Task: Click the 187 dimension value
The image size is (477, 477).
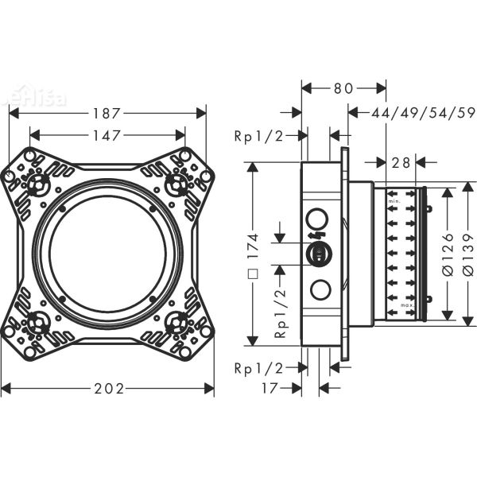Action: pos(107,113)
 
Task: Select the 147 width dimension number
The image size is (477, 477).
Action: pos(107,136)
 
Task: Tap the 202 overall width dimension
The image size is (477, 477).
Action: pos(108,389)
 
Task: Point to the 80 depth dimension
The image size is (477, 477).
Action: pos(343,88)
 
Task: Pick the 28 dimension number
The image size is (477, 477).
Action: pos(401,163)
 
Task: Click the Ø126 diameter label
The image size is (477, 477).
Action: pos(448,254)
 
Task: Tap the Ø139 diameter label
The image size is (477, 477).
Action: pos(467,254)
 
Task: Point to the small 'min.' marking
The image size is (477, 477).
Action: pos(393,203)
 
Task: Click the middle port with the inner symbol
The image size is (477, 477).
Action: pos(316,254)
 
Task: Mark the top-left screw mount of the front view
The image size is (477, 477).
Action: pos(36,184)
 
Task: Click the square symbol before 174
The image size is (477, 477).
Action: pos(252,278)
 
